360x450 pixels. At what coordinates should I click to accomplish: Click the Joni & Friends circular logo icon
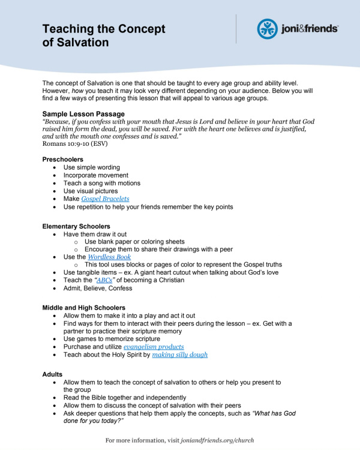click(x=268, y=29)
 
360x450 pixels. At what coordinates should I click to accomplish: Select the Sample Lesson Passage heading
click(x=83, y=114)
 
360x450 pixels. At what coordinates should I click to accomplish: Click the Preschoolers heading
click(x=62, y=159)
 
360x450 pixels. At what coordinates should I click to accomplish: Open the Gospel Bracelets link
click(x=105, y=199)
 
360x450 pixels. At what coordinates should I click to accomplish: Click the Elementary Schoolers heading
click(x=76, y=226)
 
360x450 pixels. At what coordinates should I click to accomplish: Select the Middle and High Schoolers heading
click(x=85, y=308)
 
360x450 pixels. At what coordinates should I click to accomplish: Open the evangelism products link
click(x=154, y=347)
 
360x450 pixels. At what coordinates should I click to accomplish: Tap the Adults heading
click(x=53, y=374)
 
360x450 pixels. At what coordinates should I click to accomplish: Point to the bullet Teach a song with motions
click(x=102, y=183)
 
